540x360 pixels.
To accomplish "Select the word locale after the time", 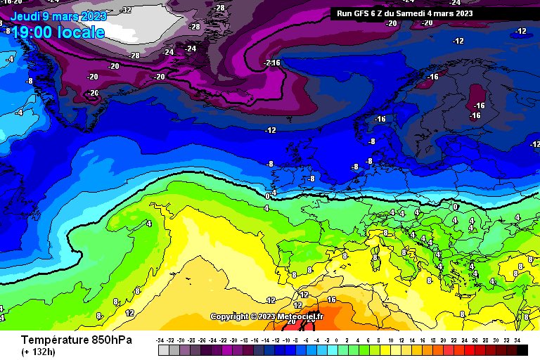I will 82,32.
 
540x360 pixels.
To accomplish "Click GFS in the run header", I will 365,13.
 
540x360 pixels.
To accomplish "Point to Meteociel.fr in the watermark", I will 300,317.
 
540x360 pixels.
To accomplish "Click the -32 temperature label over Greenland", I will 126,10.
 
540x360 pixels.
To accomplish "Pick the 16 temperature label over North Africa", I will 332,300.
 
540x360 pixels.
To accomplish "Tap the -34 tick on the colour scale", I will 162,340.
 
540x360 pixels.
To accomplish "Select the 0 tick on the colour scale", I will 337,340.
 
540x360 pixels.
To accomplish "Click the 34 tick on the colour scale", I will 517,340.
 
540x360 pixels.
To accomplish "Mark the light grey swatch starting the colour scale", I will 164,349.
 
